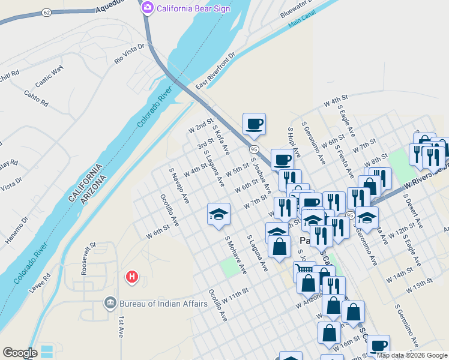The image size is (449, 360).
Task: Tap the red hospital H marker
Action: [131, 277]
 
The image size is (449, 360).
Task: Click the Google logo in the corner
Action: [20, 353]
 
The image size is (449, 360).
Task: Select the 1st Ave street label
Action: [121, 326]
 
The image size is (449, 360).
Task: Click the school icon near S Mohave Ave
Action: [218, 214]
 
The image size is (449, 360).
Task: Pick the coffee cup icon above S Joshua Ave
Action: [254, 124]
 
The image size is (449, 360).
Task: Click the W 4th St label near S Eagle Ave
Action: [336, 100]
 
